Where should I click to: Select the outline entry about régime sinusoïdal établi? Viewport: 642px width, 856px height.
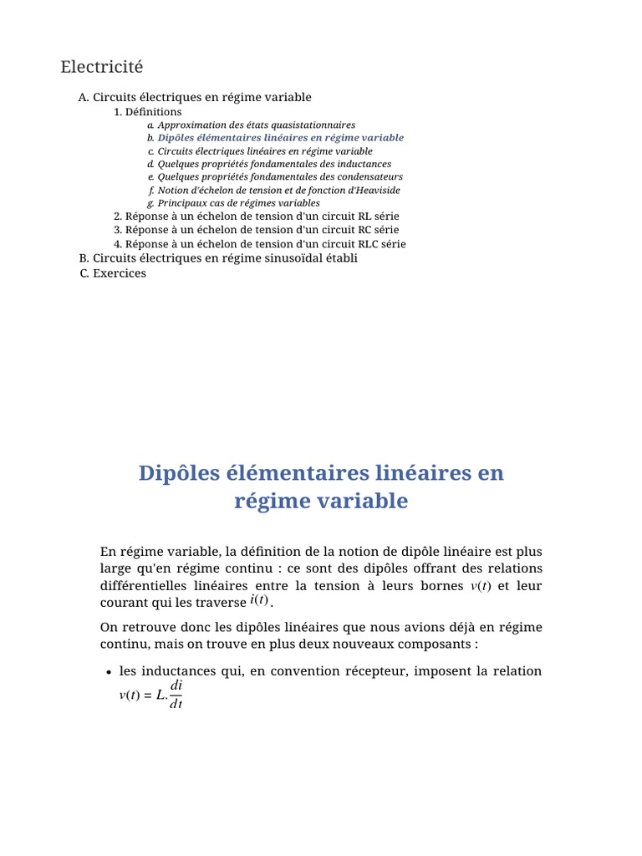click(x=217, y=258)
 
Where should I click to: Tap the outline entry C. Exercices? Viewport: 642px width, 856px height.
click(x=113, y=273)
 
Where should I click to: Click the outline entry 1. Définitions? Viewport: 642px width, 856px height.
click(x=148, y=111)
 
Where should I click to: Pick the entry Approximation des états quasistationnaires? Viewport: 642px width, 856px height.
click(x=256, y=125)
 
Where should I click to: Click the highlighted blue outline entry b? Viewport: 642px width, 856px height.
click(x=280, y=138)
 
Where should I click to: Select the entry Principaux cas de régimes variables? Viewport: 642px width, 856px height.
click(x=238, y=203)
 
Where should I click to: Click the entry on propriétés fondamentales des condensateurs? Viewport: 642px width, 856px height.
click(x=280, y=177)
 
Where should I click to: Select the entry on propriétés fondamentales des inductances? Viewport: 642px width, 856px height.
click(x=274, y=164)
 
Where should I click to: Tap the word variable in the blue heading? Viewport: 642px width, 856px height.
click(x=360, y=502)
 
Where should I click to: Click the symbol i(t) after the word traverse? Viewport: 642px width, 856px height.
click(x=259, y=600)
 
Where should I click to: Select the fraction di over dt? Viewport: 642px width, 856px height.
click(x=176, y=694)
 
